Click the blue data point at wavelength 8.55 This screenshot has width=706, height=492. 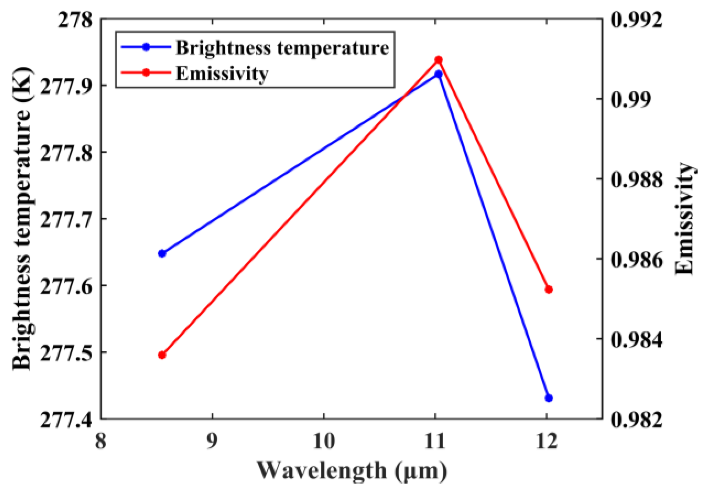pos(162,254)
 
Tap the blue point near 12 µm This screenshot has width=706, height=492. pos(549,398)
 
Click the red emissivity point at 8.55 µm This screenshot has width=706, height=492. pos(162,355)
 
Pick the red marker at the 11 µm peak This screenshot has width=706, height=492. pos(438,60)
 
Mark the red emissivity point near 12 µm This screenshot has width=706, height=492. pos(549,290)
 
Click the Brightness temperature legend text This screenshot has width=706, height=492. pos(282,48)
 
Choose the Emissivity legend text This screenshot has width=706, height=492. pos(222,74)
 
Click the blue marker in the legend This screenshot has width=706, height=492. pos(146,47)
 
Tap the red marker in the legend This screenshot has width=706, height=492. pos(146,73)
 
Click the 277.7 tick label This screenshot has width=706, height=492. pos(66,219)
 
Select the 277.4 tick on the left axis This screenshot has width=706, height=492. pos(66,419)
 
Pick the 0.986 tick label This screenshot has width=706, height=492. pos(637,260)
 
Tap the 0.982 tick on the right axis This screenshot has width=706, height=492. pos(637,419)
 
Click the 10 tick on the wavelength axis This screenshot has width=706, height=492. pos(324,441)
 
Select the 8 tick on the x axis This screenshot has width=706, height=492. pos(101,441)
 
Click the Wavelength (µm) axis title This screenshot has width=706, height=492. pos(352,471)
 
